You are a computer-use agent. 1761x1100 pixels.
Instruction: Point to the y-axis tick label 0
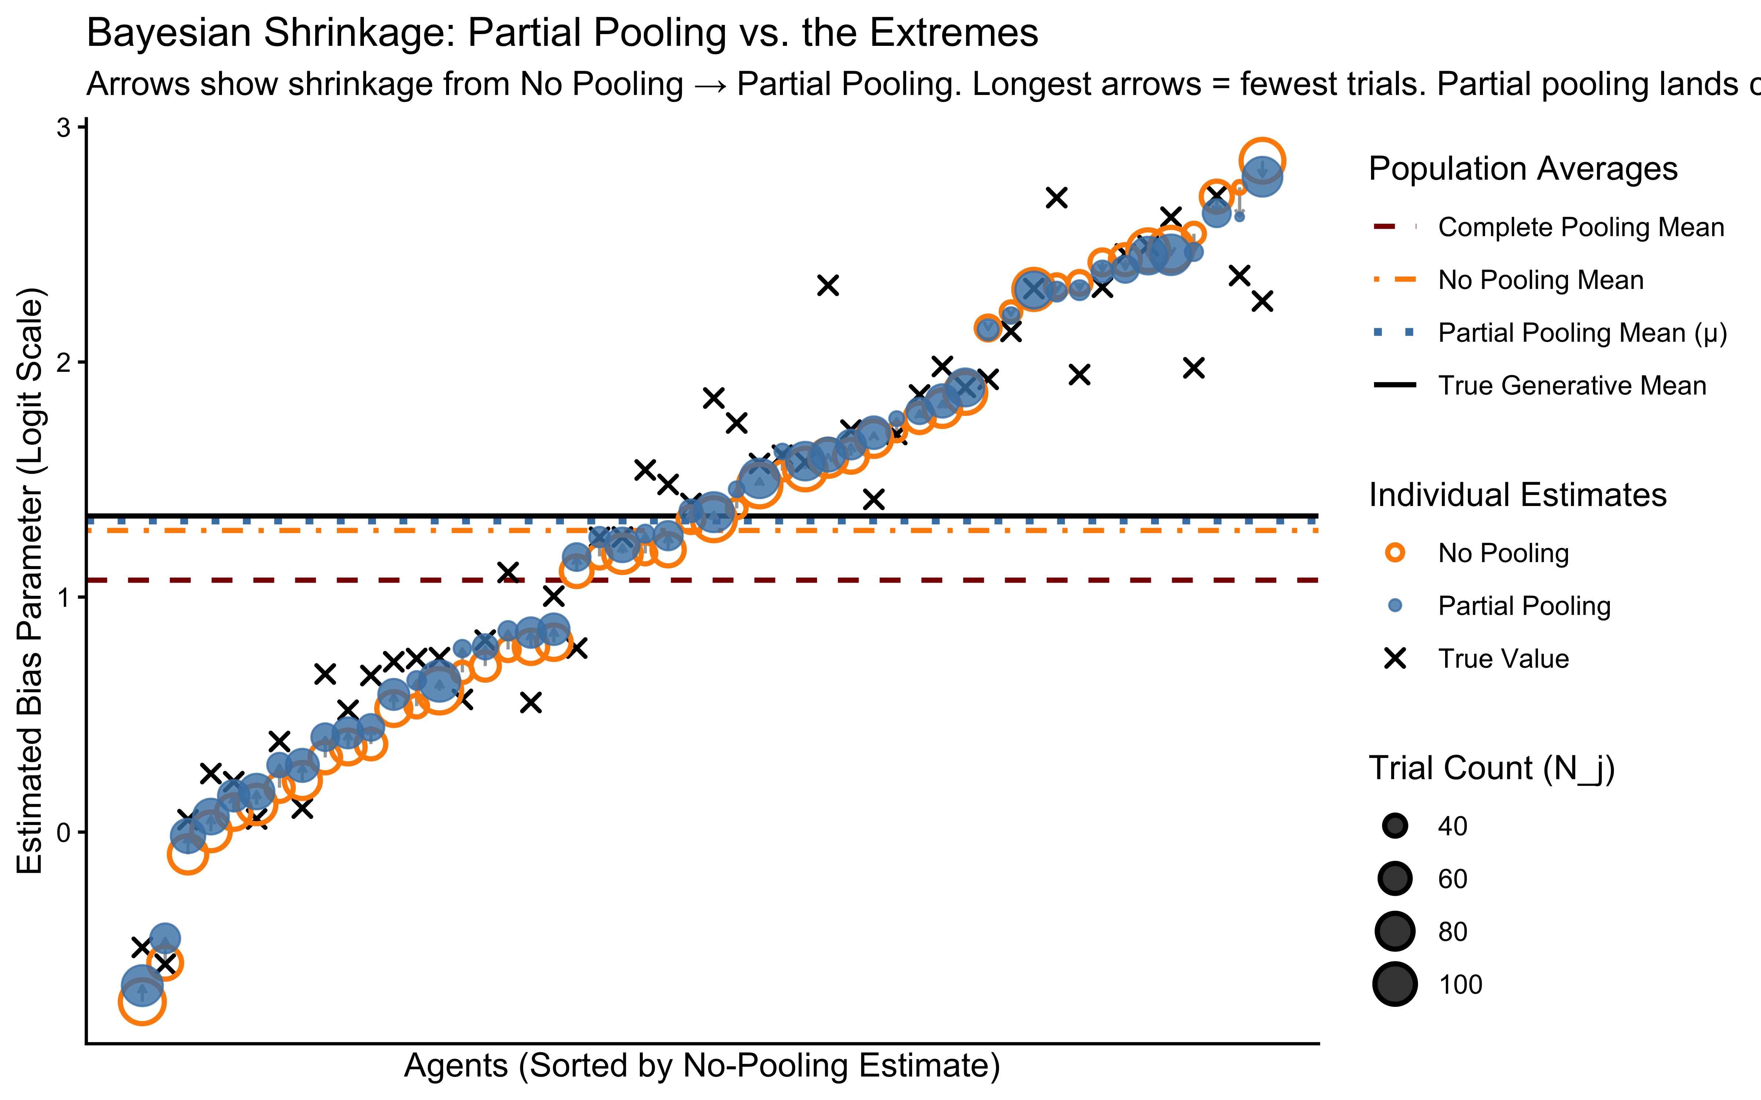coord(64,832)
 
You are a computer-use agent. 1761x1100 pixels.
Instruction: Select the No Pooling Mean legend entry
coord(1541,280)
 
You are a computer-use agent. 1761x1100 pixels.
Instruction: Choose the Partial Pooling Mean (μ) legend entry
coord(1582,333)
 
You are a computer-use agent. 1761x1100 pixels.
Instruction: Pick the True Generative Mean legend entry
coord(1572,386)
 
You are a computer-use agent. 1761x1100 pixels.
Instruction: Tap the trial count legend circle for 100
coord(1395,984)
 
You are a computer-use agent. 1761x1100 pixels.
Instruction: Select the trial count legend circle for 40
coord(1395,826)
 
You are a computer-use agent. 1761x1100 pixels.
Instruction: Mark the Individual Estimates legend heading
coord(1517,495)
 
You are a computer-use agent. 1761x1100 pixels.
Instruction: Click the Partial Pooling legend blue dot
coord(1395,605)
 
